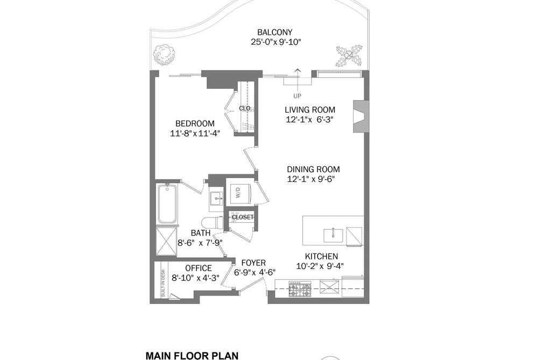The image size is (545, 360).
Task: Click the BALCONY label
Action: (x=274, y=32)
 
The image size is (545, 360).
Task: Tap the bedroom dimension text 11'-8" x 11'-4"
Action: (x=195, y=133)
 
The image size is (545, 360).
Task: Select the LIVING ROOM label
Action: (x=310, y=110)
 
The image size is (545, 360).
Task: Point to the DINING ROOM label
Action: (x=313, y=170)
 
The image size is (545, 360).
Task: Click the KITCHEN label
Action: (x=321, y=257)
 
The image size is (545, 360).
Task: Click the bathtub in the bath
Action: (x=167, y=204)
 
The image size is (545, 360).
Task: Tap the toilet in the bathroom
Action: (x=213, y=222)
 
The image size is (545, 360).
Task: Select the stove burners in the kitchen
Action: (x=300, y=289)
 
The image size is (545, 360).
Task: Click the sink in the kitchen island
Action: (x=334, y=236)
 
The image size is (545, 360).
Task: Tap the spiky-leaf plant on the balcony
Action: (x=349, y=55)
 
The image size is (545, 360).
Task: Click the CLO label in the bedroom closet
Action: (x=245, y=108)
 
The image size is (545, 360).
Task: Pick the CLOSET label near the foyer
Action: (x=243, y=217)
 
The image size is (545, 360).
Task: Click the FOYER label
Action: (x=254, y=263)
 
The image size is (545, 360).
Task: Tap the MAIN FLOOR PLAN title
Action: (x=192, y=356)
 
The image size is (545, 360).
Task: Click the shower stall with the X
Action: (x=166, y=242)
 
